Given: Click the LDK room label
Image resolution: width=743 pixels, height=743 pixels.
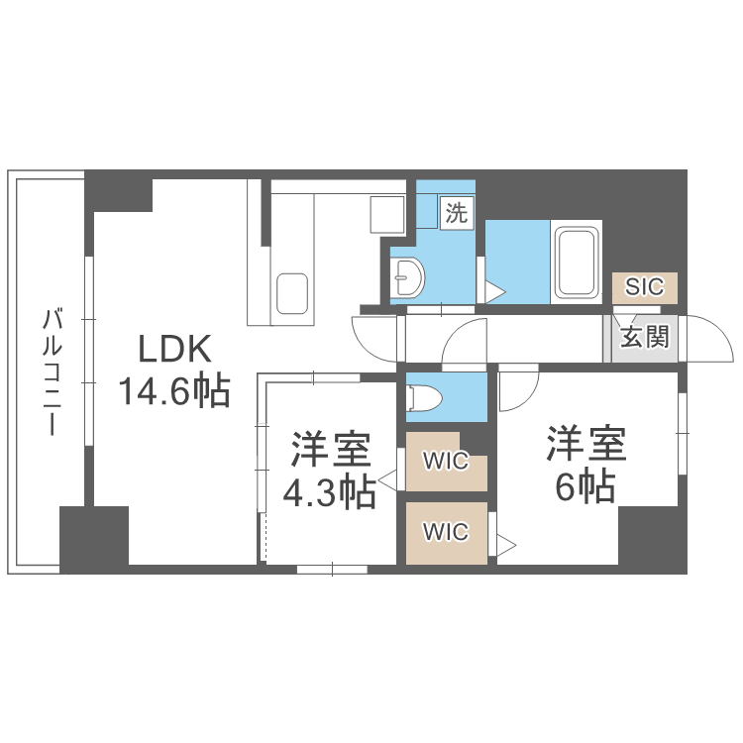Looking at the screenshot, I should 175,349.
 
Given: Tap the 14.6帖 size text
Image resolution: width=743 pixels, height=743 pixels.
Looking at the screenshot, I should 175,391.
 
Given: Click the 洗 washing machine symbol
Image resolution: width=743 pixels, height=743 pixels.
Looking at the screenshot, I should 457,211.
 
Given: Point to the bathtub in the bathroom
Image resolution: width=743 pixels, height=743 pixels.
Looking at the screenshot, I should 575,262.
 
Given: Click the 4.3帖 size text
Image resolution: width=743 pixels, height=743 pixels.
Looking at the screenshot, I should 330,492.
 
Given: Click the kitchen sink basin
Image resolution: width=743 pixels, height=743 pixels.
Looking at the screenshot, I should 293,293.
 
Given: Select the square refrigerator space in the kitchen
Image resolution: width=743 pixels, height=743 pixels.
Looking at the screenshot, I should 385,213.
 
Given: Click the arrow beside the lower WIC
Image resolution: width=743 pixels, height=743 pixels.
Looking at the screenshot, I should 505,544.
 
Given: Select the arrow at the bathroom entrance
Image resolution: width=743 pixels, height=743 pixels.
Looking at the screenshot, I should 494,292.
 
